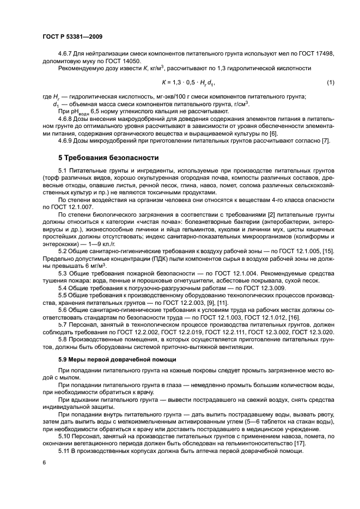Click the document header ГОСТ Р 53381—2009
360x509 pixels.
tap(72, 37)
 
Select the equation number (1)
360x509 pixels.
tap(330, 82)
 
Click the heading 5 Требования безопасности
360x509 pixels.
tap(108, 158)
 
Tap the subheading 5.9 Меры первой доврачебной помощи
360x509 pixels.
tap(117, 360)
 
